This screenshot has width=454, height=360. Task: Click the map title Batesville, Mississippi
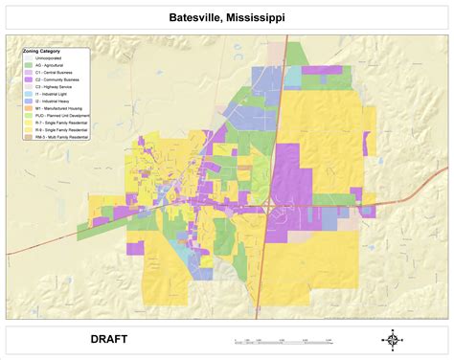[x=226, y=18]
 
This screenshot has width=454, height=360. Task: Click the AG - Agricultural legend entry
[x=51, y=65]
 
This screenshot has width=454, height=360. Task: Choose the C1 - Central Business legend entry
[x=54, y=72]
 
